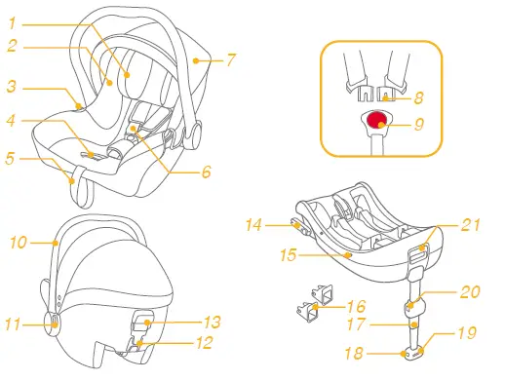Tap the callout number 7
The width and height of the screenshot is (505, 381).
[230, 59]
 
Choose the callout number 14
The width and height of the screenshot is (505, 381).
[252, 224]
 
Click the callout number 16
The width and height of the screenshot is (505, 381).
[356, 305]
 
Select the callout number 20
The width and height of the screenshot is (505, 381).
[471, 291]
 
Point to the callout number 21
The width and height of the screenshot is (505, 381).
[471, 226]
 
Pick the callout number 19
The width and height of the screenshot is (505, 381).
[467, 333]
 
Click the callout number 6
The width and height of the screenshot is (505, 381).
[206, 173]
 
